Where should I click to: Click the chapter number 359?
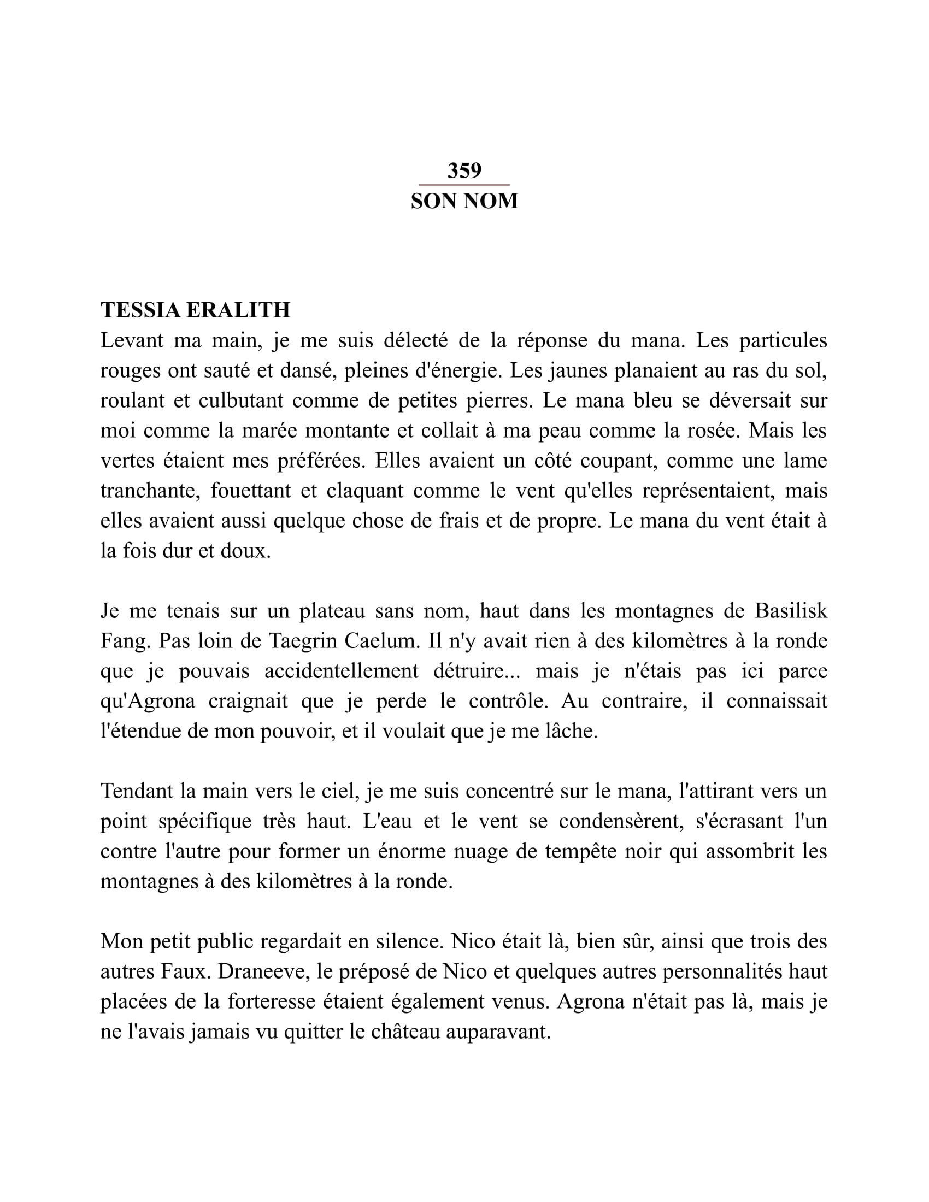pyautogui.click(x=464, y=170)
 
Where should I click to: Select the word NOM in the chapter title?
pyautogui.click(x=491, y=202)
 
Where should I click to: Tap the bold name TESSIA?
pyautogui.click(x=141, y=310)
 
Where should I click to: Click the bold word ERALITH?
pyautogui.click(x=238, y=310)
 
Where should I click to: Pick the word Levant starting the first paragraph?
pyautogui.click(x=132, y=341)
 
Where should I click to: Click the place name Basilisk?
pyautogui.click(x=791, y=611)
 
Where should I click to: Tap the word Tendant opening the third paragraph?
pyautogui.click(x=138, y=792)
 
